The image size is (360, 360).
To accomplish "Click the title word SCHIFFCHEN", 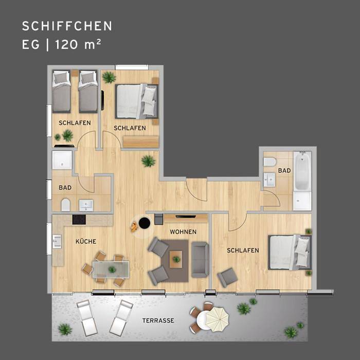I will point(67,26).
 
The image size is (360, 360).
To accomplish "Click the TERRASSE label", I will point(158,320).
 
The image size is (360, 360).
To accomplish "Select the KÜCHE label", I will point(86,241).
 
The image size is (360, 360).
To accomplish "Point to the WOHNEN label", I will point(183,232).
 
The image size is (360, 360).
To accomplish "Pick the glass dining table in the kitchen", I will point(110,269).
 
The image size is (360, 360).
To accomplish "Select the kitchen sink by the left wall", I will point(56,241).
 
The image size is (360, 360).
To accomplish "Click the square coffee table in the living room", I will point(176,258).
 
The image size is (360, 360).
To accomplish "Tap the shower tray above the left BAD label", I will point(62,160).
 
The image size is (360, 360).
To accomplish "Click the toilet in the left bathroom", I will point(65,205).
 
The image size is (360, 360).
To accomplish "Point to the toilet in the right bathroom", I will point(269,162).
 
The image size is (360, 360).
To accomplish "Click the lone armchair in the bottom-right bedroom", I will point(227,277).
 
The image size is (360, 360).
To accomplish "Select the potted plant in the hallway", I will point(148,161).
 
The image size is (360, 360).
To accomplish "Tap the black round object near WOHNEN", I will point(145,223).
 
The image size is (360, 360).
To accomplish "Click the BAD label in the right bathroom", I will point(284,170).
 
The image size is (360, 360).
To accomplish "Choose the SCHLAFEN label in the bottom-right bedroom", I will point(243,250).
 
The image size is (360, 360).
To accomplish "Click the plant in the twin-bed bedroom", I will point(67,135).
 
